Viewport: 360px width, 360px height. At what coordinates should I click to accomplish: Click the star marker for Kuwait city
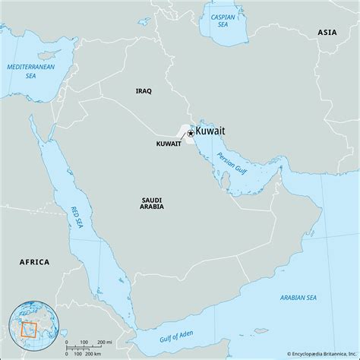(x=190, y=134)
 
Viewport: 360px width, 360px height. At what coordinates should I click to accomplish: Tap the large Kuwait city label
(x=210, y=132)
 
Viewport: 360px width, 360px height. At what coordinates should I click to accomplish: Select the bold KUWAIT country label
(x=168, y=143)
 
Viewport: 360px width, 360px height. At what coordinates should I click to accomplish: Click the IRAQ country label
(x=144, y=91)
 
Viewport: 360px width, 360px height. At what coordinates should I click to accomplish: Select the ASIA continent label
(x=327, y=33)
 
